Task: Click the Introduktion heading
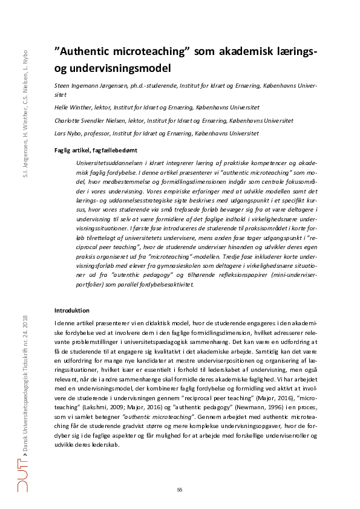tap(72, 310)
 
